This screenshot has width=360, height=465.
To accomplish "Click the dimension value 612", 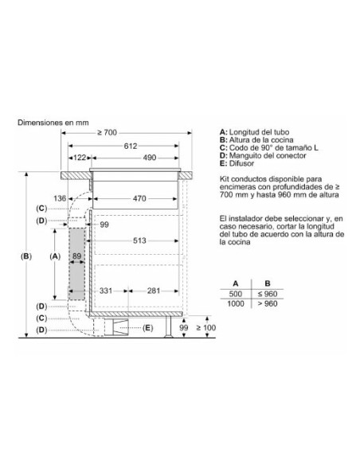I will (x=130, y=146).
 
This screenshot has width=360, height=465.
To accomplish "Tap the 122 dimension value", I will (x=80, y=158).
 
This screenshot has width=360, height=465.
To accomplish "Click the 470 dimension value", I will (x=139, y=198).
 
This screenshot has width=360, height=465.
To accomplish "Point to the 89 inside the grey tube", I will (x=77, y=257).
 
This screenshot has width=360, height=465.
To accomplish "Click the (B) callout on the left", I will (x=26, y=256).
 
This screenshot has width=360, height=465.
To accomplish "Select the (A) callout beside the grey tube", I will (x=54, y=256).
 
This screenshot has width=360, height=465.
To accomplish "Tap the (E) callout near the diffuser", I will (x=147, y=328).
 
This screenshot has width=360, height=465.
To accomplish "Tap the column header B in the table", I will (x=268, y=283).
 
